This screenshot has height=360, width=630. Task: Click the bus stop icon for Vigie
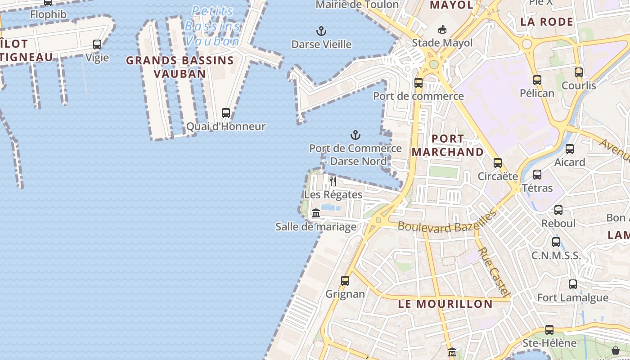[97, 44]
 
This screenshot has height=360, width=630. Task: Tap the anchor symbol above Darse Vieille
[321, 31]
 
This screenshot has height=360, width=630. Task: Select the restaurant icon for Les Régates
[333, 181]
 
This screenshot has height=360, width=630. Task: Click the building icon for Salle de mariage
[316, 213]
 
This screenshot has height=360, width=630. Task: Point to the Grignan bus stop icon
[345, 280]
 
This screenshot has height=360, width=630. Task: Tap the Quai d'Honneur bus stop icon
[226, 113]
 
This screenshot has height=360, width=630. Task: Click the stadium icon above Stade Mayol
[443, 30]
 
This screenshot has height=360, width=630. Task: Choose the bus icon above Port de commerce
[418, 82]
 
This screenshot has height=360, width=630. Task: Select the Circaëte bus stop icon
[498, 162]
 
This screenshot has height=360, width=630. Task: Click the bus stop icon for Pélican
[537, 80]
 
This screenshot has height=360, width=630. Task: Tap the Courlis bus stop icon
[579, 72]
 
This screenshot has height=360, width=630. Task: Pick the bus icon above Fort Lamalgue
[573, 284]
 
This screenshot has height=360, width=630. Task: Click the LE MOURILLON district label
[445, 304]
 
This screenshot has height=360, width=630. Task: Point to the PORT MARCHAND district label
[448, 145]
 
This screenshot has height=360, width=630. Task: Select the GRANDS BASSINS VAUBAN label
[180, 67]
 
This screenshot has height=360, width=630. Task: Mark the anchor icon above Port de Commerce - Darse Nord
[355, 135]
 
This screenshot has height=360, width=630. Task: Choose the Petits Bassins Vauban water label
[212, 26]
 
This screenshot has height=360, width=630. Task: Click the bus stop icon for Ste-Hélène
[549, 329]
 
